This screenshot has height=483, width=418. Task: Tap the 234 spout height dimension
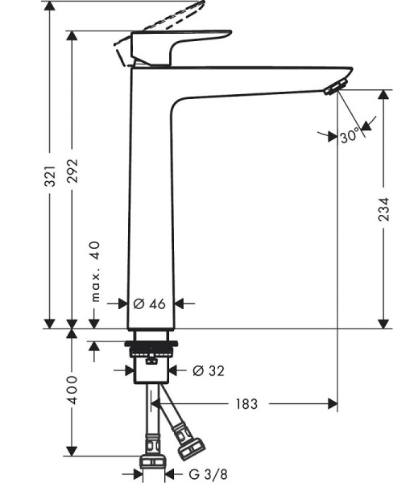384,208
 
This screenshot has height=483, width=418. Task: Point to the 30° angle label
349,137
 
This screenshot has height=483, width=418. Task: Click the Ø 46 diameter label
149,303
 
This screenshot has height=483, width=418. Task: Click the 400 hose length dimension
72,390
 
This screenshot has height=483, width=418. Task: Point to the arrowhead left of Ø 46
123,303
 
